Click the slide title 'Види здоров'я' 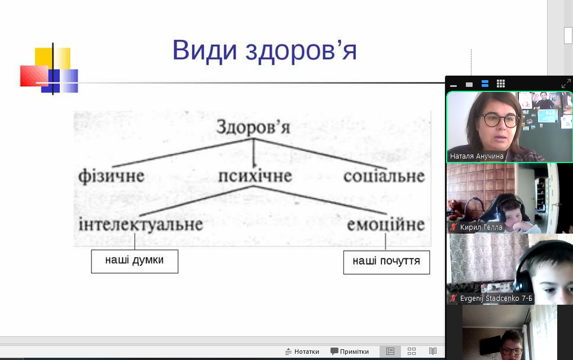pos(264,50)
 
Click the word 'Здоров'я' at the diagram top pos(253,127)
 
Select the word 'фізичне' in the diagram pos(112,176)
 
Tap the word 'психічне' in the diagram pos(255,176)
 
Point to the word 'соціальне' pos(384,176)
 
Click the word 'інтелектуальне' pos(140,224)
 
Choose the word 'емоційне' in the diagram pos(386,225)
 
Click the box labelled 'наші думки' pos(134,261)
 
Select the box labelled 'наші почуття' pos(387,262)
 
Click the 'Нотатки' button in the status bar pos(302,352)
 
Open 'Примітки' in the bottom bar pos(350,352)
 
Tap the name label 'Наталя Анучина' pos(477,156)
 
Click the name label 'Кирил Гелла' pos(481,227)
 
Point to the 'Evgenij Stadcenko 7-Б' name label pos(496,298)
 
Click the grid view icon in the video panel pos(501,84)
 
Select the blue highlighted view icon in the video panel pos(485,84)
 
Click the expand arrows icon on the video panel pos(566,84)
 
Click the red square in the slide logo pos(34,76)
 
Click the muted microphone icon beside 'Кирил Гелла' pos(453,227)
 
